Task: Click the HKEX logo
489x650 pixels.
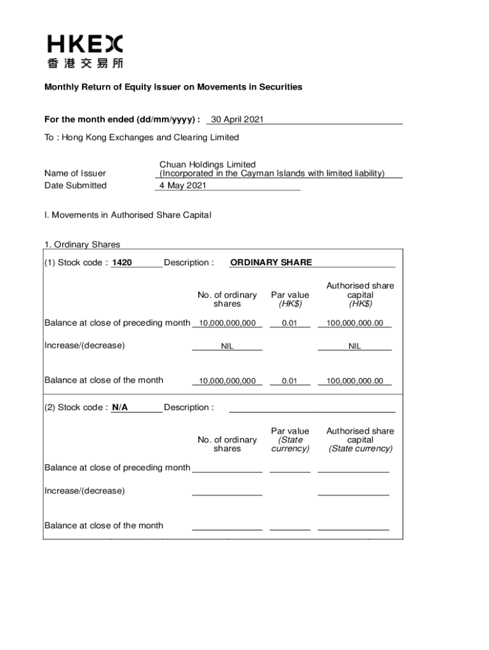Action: coord(85,44)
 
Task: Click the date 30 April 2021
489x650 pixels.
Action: coord(237,119)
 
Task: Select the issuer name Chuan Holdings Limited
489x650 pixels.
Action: coord(208,164)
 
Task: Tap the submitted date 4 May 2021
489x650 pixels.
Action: coord(183,185)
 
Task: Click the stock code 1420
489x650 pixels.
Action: coord(122,262)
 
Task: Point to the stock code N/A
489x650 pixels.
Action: coord(120,408)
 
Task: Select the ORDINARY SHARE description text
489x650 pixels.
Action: coord(271,262)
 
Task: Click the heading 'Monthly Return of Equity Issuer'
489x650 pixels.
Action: coord(173,87)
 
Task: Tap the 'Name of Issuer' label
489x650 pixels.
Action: coord(75,173)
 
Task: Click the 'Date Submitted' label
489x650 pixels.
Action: coord(76,185)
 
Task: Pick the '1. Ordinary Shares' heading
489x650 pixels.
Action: coord(82,244)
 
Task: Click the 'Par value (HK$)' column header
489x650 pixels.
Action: coord(290,299)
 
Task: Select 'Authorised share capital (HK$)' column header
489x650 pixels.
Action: coord(360,295)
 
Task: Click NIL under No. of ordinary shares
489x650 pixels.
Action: coord(227,347)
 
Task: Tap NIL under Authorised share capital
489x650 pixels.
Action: coord(354,347)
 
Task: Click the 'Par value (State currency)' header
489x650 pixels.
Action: coord(290,440)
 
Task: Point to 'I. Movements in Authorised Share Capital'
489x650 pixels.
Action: coord(128,215)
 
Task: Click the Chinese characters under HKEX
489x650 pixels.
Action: coord(85,63)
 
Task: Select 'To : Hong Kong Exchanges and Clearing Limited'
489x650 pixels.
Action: coord(142,137)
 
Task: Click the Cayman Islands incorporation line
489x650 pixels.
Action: coord(272,173)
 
